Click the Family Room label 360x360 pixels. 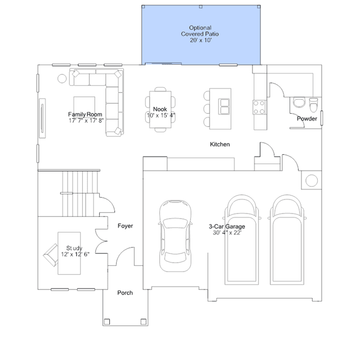[85, 114]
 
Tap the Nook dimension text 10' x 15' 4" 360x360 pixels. [161, 115]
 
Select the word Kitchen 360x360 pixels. [220, 144]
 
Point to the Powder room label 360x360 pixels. [306, 119]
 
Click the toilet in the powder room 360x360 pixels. [313, 105]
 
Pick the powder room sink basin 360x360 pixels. [299, 102]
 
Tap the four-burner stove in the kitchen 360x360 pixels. [259, 107]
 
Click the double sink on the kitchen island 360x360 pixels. [224, 106]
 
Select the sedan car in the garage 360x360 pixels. [175, 236]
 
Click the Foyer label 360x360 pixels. [125, 226]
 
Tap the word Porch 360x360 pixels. [125, 293]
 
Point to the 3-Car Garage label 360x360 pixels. [226, 226]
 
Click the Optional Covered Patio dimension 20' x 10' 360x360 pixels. [201, 40]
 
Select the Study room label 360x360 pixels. [74, 248]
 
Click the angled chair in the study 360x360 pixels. [51, 255]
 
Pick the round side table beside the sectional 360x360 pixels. [62, 78]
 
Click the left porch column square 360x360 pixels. [106, 322]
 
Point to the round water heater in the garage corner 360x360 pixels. [312, 180]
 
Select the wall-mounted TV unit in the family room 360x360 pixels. [42, 118]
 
